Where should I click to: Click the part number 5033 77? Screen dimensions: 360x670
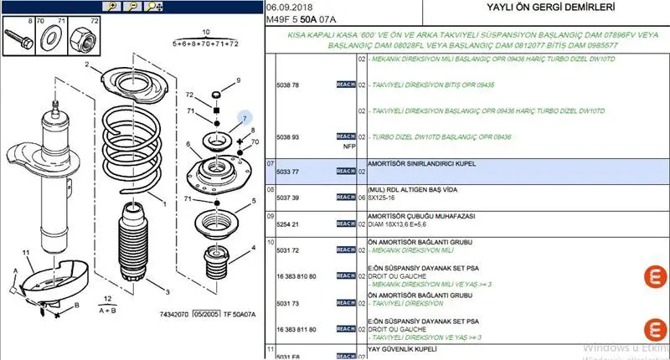287,171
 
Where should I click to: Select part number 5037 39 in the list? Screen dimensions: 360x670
287,198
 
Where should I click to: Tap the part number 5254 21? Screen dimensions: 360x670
287,224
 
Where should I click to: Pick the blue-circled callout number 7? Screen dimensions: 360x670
245,119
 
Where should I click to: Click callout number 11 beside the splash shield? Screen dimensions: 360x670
26,252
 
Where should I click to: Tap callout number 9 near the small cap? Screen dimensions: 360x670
238,80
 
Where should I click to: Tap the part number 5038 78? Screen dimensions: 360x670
287,85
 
